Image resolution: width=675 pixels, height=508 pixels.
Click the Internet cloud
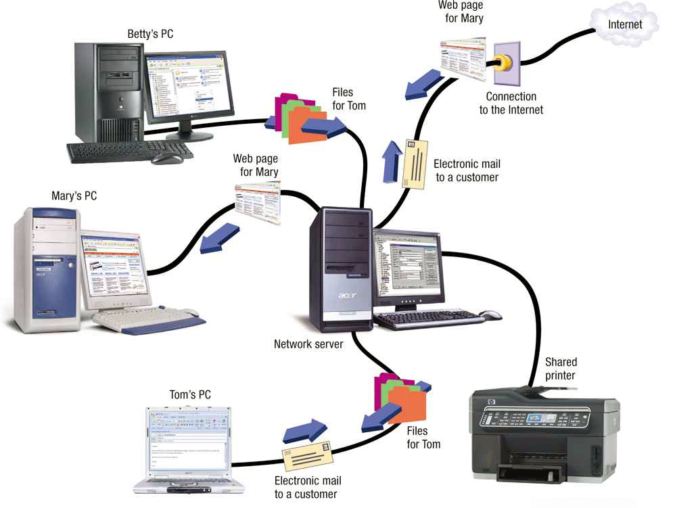coord(624,25)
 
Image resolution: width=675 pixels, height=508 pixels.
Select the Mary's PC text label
coord(74,196)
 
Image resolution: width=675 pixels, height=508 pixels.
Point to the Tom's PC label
coord(191,394)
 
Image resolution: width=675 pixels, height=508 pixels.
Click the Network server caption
coord(308,344)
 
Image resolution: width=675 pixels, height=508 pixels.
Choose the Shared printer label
coord(561,369)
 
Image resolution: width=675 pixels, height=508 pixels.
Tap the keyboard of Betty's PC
coord(115,152)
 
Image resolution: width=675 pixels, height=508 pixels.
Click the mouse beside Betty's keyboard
coord(166,158)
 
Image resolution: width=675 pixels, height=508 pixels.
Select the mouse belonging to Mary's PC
coord(191,313)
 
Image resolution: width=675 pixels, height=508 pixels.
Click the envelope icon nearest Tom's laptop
coord(307,455)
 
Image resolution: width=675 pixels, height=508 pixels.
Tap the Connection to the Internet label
coord(511,103)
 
